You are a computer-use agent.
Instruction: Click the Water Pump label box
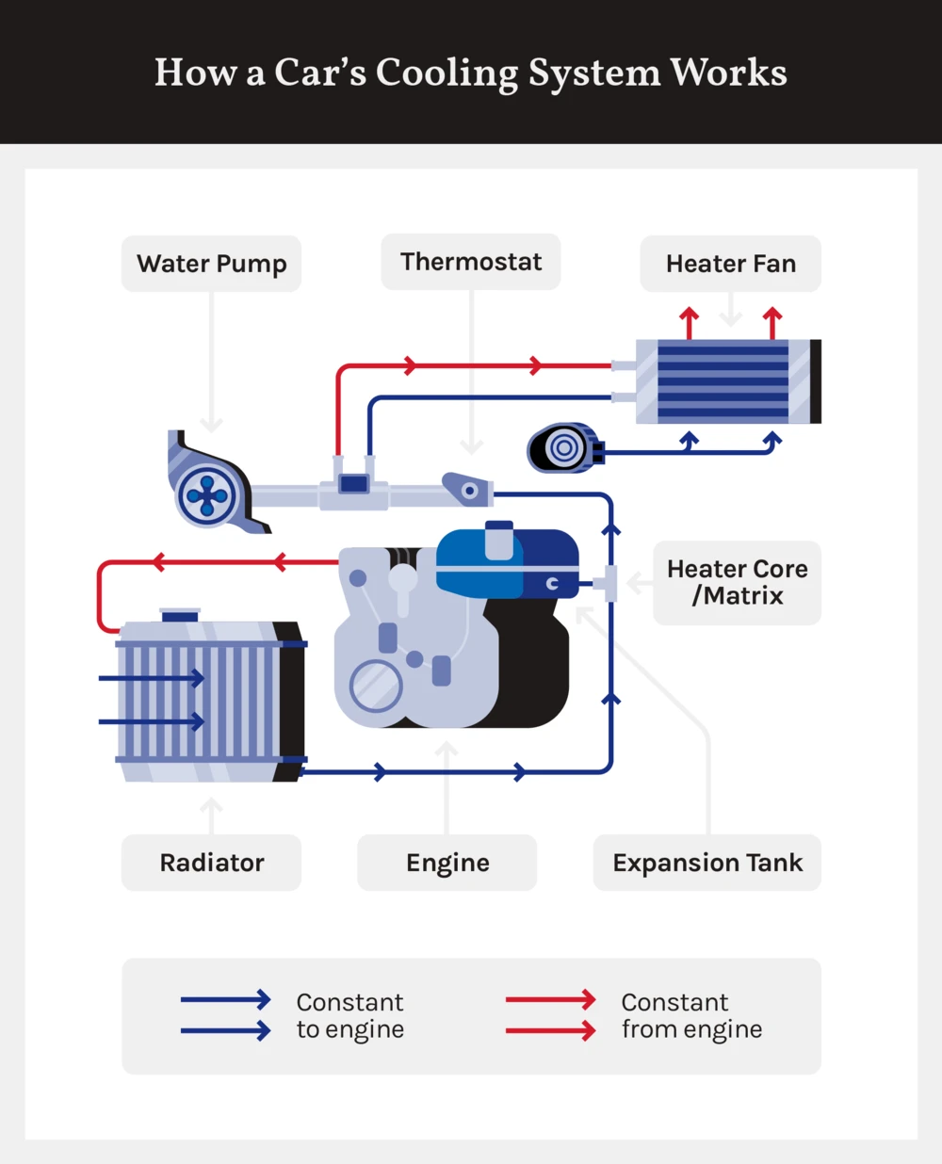click(211, 264)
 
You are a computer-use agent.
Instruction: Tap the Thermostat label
click(470, 262)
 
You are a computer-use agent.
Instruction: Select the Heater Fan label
click(730, 264)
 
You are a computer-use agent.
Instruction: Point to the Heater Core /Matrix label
click(737, 582)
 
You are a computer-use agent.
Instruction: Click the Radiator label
click(211, 863)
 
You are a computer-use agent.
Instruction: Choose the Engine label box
click(447, 863)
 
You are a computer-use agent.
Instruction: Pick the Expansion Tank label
click(706, 863)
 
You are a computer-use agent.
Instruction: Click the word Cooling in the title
click(447, 73)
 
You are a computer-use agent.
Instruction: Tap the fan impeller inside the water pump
click(207, 495)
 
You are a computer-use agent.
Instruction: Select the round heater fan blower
click(563, 448)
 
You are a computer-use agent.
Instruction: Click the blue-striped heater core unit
click(723, 381)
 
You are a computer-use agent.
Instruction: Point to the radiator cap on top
click(180, 615)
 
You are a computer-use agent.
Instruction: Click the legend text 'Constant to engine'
click(349, 1015)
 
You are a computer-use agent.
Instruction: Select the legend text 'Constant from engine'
click(691, 1015)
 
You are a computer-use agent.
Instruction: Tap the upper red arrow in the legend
click(550, 1000)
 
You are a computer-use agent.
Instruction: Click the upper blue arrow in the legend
click(225, 1000)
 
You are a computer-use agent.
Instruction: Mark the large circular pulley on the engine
click(376, 686)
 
